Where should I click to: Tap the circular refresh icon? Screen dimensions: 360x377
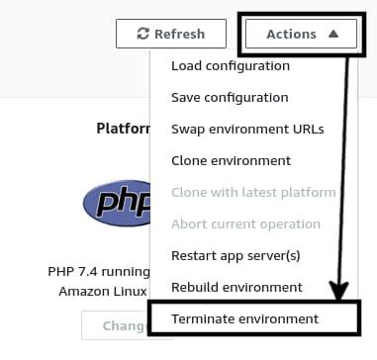143,34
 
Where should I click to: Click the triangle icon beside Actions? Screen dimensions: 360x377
333,34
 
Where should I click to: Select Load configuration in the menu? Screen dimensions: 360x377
231,66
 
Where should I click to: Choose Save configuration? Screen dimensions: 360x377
230,98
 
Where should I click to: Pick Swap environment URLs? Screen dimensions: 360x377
247,130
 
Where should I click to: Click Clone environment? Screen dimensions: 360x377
231,161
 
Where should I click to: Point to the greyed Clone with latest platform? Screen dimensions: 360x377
253,193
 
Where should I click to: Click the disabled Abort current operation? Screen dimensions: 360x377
245,225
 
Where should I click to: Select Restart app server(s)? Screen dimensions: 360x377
235,256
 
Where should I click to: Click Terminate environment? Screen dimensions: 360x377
245,319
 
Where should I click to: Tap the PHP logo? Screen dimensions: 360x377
116,204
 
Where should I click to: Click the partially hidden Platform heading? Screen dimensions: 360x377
122,129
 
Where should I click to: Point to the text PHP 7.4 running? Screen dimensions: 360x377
97,271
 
